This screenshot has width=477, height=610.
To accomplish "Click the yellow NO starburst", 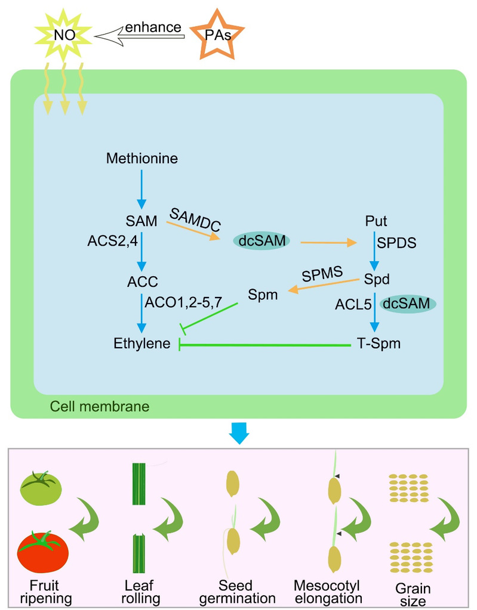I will coord(64,34).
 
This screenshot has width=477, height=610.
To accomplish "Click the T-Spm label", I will coord(374,343).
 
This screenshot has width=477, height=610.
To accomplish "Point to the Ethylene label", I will coord(142,343).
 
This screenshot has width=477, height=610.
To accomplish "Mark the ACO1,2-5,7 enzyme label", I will coord(183,302).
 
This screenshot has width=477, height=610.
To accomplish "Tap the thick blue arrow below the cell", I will coord(239,435).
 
